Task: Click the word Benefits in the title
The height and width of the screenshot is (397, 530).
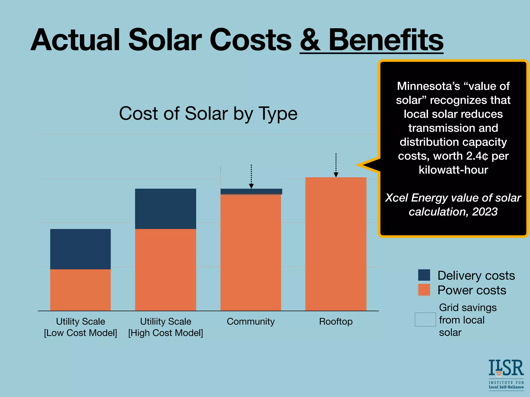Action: click(386, 40)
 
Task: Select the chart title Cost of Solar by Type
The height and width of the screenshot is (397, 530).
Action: click(208, 113)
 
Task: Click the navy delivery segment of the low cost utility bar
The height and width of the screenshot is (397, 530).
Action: click(80, 249)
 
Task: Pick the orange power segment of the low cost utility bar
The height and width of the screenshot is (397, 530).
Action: click(80, 290)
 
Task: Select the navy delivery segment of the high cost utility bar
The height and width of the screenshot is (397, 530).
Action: click(166, 209)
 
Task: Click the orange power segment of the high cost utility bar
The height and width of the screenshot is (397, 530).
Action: click(166, 270)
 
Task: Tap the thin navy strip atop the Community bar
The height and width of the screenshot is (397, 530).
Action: click(251, 192)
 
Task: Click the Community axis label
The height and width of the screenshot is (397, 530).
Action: click(251, 322)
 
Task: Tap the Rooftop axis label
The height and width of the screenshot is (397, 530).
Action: click(336, 322)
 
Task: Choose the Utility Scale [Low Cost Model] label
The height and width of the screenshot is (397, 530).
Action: click(80, 327)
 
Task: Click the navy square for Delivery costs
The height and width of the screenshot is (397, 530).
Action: click(424, 275)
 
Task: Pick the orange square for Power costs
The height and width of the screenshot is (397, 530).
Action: click(424, 290)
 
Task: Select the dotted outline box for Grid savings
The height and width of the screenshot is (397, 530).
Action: click(425, 319)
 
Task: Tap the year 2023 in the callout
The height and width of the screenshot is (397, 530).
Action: click(485, 212)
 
